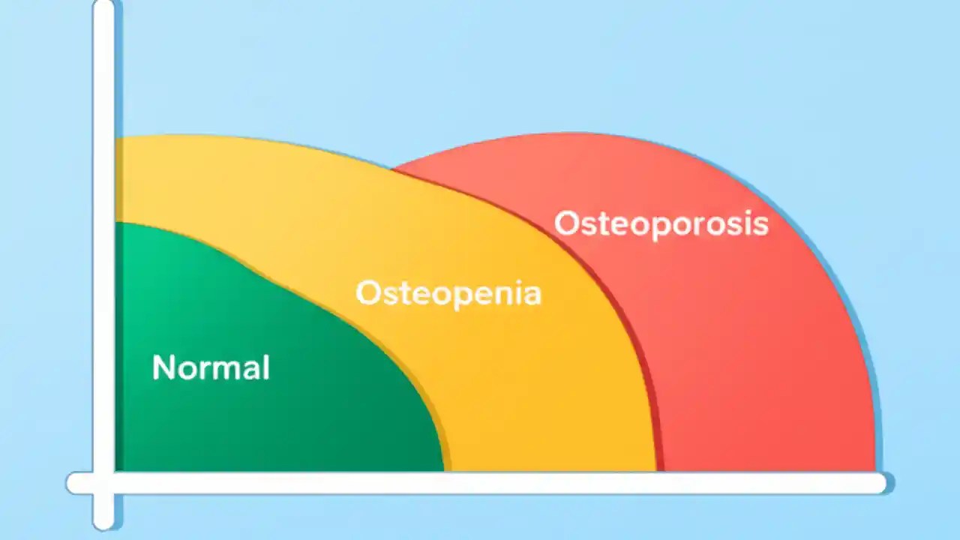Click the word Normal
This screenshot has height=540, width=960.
(211, 367)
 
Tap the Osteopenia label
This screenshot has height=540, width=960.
(448, 292)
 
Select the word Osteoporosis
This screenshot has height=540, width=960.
(661, 223)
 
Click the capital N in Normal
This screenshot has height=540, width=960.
(163, 367)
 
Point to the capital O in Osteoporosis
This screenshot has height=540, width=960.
(567, 223)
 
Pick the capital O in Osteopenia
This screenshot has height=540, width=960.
(368, 292)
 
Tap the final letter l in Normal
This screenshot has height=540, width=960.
(265, 367)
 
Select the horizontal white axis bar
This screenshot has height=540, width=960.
(480, 483)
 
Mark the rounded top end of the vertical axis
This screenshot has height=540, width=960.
(103, 6)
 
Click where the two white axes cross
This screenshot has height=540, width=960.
(103, 483)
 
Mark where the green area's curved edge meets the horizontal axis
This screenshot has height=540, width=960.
(444, 470)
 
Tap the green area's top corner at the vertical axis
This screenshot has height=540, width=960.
(118, 223)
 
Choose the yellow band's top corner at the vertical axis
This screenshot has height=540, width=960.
(118, 137)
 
